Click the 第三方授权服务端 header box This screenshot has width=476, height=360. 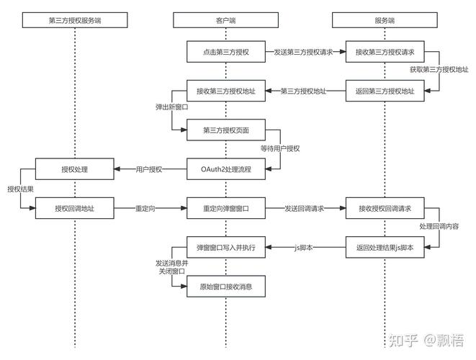coord(75,20)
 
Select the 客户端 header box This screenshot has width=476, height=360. coord(225,20)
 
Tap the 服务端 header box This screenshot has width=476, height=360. coord(385,20)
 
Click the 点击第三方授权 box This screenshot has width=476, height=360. coord(226,52)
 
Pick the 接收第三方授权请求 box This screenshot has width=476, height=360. coord(385,52)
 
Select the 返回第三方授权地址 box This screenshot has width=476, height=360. coord(385,91)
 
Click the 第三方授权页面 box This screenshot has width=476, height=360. coord(226,130)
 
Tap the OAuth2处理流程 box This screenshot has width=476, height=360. coord(226,169)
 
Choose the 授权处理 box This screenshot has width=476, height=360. coord(75,169)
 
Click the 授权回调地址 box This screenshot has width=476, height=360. coord(75,208)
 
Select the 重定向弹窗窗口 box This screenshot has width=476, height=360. coord(226,208)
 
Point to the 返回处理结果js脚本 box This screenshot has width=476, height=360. coord(385,248)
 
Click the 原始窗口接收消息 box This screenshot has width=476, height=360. coord(226,287)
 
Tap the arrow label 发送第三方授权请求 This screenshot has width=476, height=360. coord(303,52)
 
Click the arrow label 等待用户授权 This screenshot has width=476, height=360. coord(280,148)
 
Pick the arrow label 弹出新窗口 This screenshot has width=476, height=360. coord(172,107)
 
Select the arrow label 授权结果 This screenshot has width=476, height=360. coord(20,189)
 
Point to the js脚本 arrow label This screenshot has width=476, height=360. coord(303,248)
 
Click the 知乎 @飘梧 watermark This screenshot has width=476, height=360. coord(426,341)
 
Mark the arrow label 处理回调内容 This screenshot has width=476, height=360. coord(439,226)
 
